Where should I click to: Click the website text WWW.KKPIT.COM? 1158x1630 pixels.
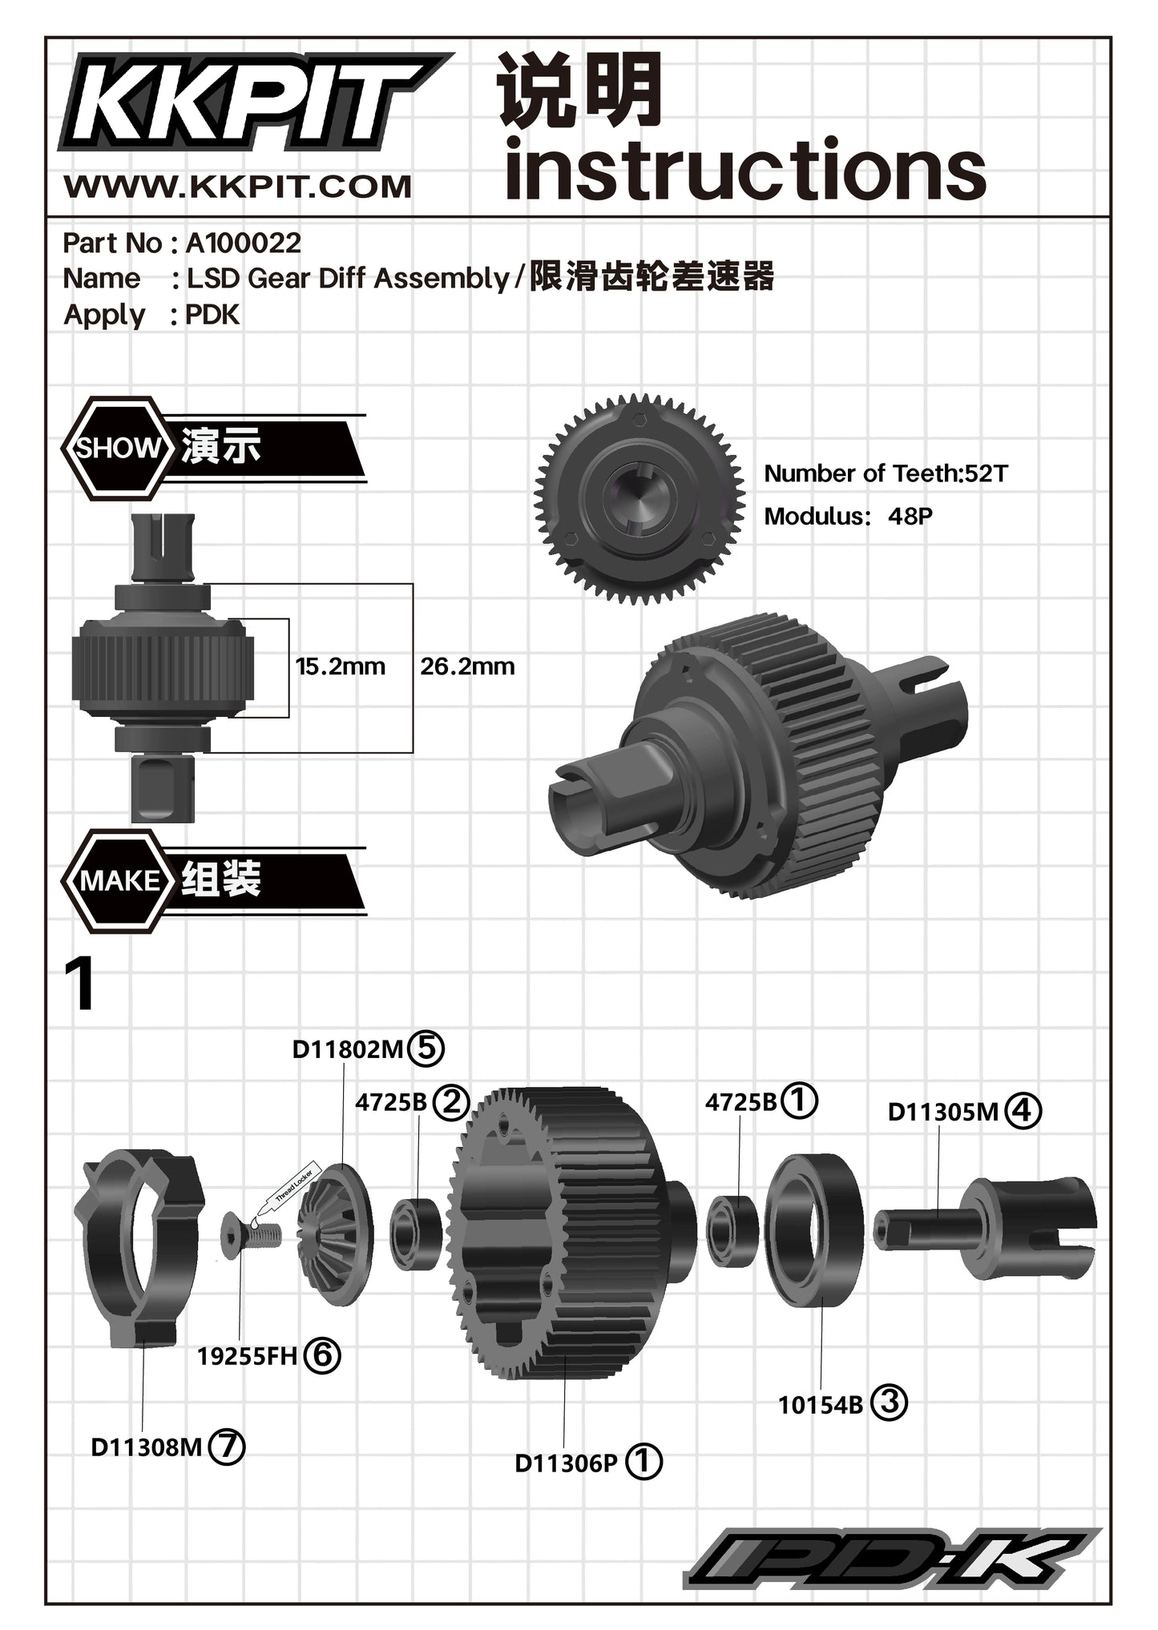pyautogui.click(x=237, y=187)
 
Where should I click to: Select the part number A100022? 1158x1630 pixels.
pyautogui.click(x=243, y=243)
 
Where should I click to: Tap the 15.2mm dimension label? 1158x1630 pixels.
pyautogui.click(x=340, y=666)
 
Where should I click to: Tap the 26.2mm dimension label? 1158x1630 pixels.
pyautogui.click(x=467, y=666)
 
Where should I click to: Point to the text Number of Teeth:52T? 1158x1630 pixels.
pyautogui.click(x=885, y=473)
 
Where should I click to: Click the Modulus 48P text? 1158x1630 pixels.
pyautogui.click(x=848, y=516)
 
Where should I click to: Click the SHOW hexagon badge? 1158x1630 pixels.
pyautogui.click(x=119, y=448)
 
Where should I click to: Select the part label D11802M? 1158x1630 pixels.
pyautogui.click(x=347, y=1049)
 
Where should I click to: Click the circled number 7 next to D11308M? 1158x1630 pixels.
pyautogui.click(x=226, y=1447)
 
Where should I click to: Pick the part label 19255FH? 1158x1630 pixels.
pyautogui.click(x=247, y=1356)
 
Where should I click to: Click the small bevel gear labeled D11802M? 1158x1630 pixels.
pyautogui.click(x=335, y=1234)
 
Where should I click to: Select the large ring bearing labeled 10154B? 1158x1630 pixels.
pyautogui.click(x=814, y=1230)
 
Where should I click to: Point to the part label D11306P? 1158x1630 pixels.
pyautogui.click(x=566, y=1463)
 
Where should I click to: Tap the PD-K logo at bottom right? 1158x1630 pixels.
pyautogui.click(x=890, y=1558)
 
